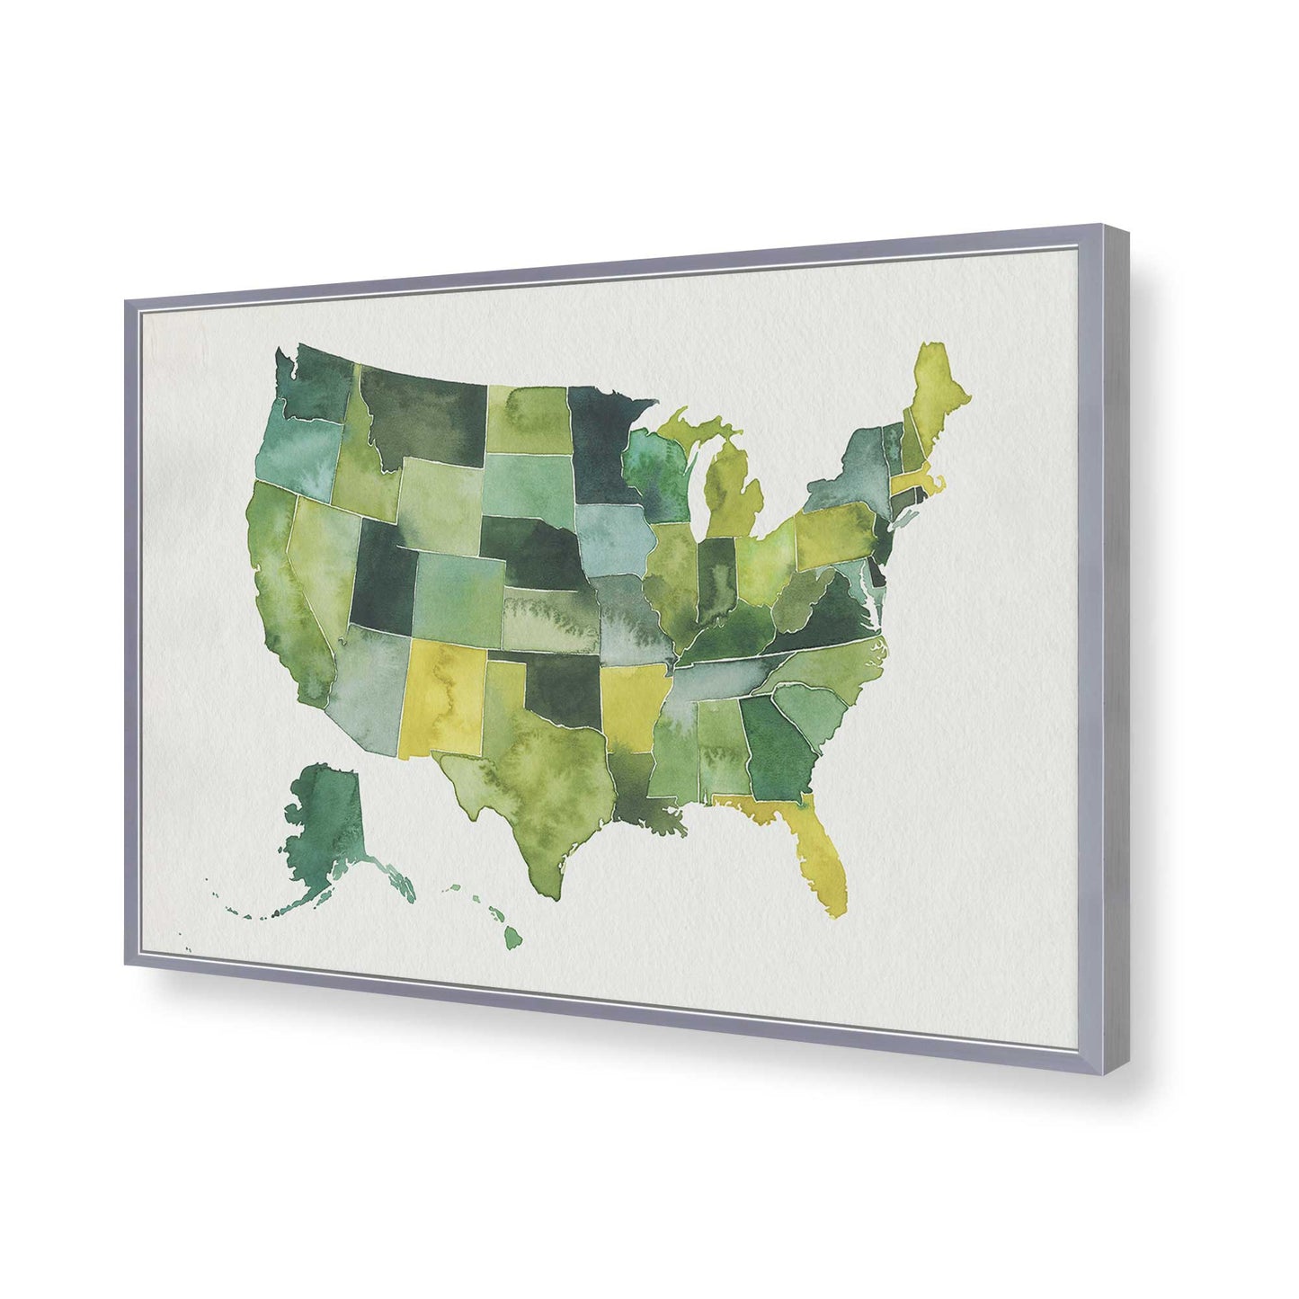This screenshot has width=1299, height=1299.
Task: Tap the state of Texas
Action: pos(530,791)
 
